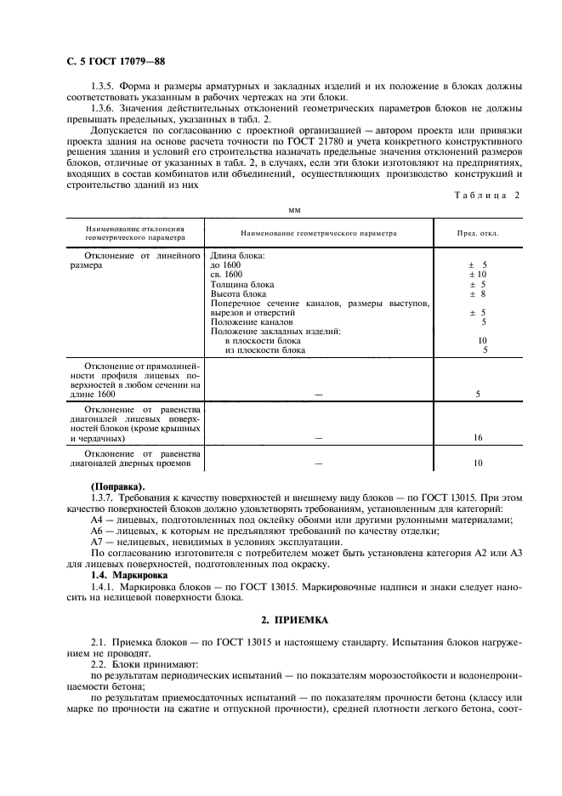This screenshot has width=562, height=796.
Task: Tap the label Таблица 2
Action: pos(482,196)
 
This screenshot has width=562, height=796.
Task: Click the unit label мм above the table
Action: pos(295,208)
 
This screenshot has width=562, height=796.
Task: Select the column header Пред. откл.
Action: pos(478,232)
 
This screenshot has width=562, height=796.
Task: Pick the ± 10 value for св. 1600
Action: pos(478,274)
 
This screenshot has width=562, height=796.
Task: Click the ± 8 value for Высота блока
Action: pos(478,293)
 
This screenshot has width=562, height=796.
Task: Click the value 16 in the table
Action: pos(478,437)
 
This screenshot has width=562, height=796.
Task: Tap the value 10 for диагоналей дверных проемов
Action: pos(478,463)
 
